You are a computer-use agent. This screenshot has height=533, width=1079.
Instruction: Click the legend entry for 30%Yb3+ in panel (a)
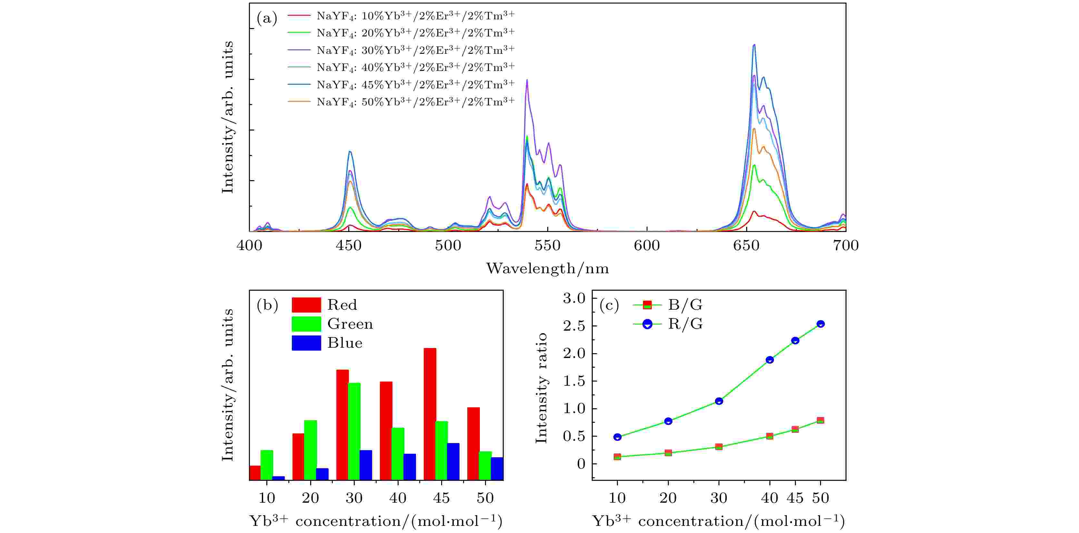click(x=415, y=50)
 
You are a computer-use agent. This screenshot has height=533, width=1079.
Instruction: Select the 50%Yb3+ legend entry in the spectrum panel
click(x=415, y=102)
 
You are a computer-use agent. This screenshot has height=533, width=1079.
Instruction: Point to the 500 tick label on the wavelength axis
click(x=448, y=245)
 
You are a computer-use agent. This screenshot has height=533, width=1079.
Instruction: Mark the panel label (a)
click(x=267, y=18)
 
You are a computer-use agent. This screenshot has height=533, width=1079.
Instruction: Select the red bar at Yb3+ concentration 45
click(x=430, y=414)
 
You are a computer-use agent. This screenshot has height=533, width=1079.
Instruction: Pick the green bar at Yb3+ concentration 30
click(x=354, y=431)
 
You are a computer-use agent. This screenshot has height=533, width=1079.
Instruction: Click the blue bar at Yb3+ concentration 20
click(x=322, y=474)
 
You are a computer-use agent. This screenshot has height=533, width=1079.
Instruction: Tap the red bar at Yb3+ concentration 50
click(x=473, y=443)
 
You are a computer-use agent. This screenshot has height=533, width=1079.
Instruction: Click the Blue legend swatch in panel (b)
click(x=306, y=343)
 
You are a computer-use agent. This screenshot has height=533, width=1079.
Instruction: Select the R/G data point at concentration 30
click(x=719, y=401)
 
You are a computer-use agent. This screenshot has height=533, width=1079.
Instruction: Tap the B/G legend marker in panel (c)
click(x=647, y=305)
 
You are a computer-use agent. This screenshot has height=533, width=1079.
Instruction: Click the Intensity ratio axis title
click(x=541, y=388)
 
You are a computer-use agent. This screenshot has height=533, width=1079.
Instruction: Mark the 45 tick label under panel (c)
click(x=795, y=498)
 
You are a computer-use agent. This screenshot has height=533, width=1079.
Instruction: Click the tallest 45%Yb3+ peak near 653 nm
click(x=754, y=45)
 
